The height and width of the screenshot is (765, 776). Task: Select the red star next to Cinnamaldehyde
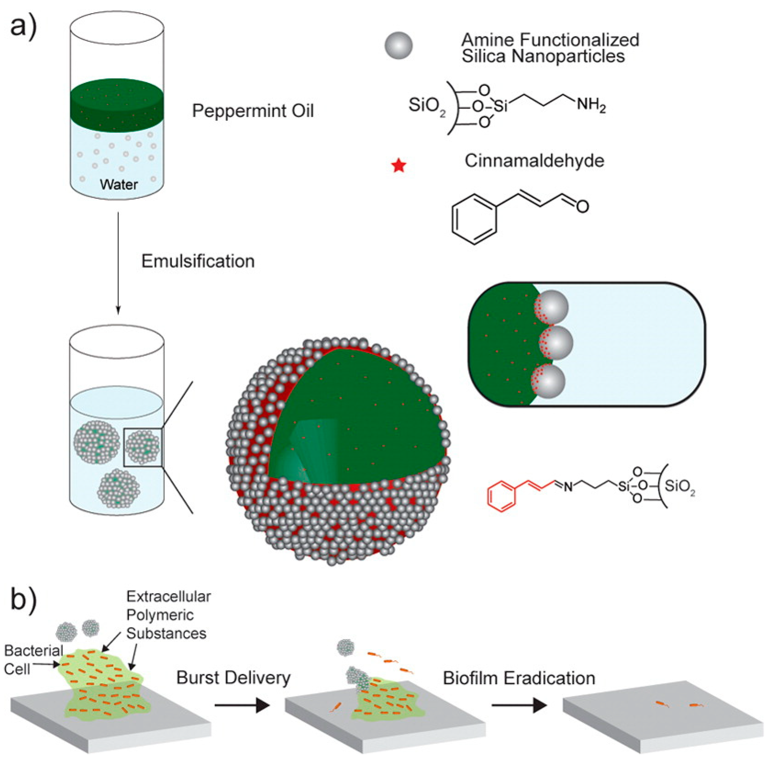pyautogui.click(x=399, y=165)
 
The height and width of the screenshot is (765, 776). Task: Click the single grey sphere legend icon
pyautogui.click(x=398, y=45)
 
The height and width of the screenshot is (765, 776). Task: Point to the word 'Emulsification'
pyautogui.click(x=198, y=261)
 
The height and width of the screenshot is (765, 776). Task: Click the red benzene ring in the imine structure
pyautogui.click(x=502, y=496)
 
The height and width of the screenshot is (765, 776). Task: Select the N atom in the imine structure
pyautogui.click(x=568, y=487)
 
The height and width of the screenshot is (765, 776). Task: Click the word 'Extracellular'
pyautogui.click(x=168, y=597)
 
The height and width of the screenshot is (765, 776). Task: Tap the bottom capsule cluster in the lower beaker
pyautogui.click(x=118, y=488)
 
